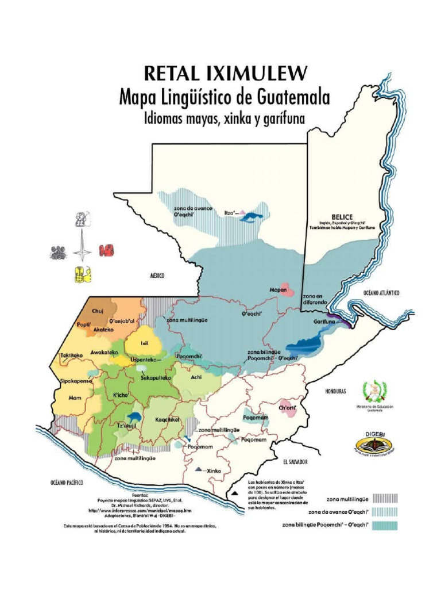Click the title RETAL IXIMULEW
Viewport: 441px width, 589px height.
[225, 74]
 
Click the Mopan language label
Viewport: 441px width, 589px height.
[278, 290]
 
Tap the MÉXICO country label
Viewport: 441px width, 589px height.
[157, 276]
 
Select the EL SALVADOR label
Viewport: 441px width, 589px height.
[295, 462]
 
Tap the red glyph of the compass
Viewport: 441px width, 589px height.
[106, 250]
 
